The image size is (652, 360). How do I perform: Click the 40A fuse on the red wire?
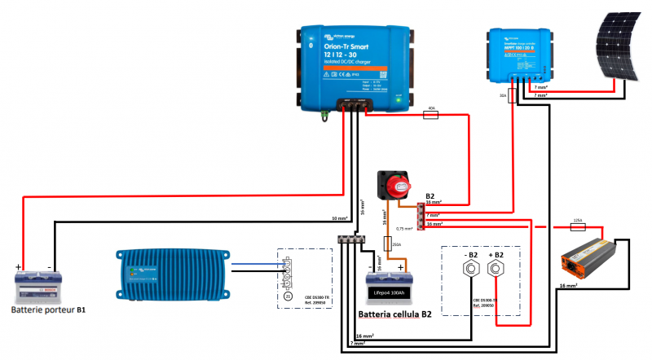431,116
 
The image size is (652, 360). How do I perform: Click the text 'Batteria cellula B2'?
394,314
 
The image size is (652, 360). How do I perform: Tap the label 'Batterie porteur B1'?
50,310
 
